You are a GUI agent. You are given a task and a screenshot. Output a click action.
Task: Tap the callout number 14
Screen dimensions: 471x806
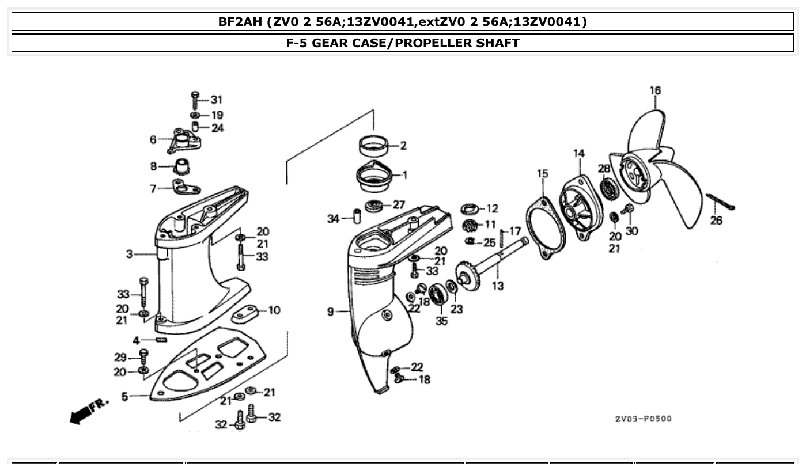click(578, 153)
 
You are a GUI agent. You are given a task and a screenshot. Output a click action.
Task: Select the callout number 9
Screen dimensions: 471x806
click(331, 312)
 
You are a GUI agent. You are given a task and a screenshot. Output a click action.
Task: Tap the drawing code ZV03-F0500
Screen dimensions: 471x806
click(643, 419)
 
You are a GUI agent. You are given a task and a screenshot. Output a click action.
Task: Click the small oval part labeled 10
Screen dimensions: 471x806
click(245, 314)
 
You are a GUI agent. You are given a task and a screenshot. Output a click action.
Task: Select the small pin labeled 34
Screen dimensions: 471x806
click(356, 219)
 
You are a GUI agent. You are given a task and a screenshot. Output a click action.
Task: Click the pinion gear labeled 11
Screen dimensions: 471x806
click(471, 225)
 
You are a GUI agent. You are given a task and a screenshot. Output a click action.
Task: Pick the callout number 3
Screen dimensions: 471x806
click(130, 253)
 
